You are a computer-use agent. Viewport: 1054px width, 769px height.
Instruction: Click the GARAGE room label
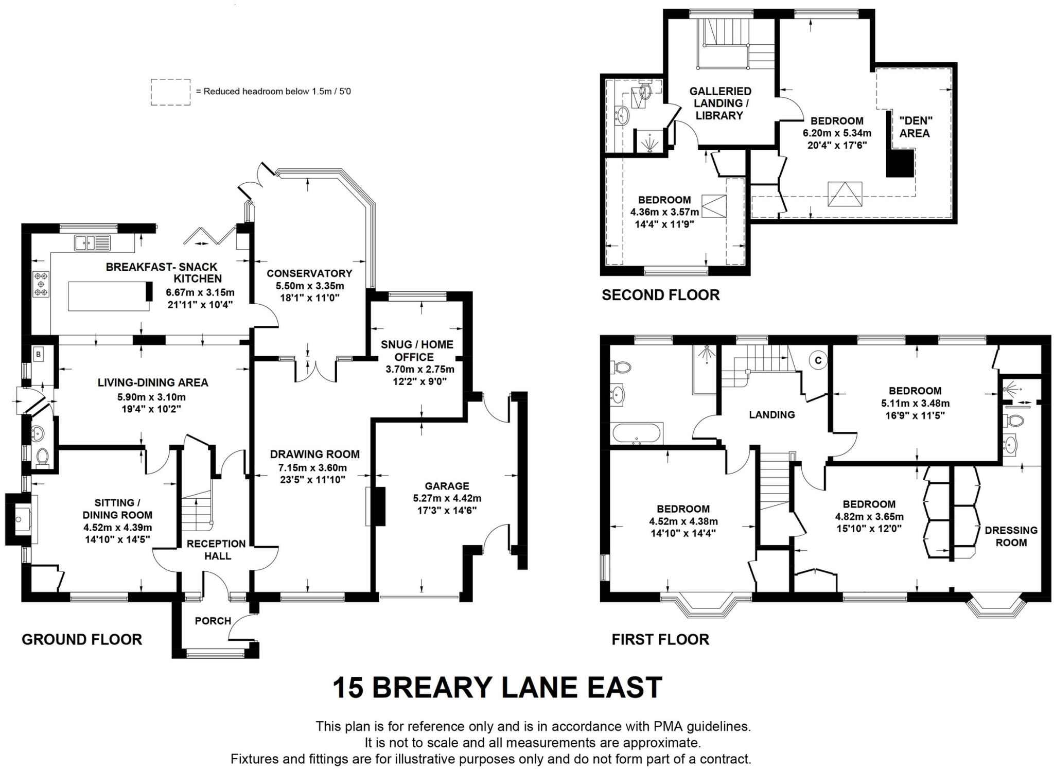tap(447, 486)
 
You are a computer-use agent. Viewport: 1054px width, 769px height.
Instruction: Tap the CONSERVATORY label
tap(309, 273)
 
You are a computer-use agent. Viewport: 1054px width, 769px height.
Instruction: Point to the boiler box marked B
tap(39, 354)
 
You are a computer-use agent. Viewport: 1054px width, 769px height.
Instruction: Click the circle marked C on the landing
tap(817, 361)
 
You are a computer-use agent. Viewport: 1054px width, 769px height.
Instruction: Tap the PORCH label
tap(213, 621)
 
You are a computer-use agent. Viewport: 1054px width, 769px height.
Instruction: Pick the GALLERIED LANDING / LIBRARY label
tap(719, 103)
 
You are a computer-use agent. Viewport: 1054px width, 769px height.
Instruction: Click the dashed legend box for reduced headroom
tap(170, 92)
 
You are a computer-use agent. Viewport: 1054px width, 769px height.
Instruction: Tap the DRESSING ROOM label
tap(1011, 536)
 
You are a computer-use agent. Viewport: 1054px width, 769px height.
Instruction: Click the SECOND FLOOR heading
tap(660, 295)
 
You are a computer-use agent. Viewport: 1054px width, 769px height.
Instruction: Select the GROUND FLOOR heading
tap(81, 639)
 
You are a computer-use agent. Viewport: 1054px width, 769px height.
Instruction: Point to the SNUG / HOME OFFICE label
tap(417, 351)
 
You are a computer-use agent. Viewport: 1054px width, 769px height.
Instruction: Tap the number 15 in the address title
tap(347, 688)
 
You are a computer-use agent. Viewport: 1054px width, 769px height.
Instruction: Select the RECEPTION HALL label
tap(216, 550)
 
